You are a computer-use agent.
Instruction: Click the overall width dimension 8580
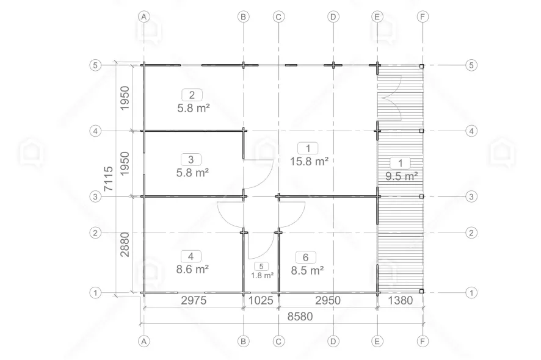(300, 316)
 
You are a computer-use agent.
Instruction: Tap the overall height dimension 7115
(108, 179)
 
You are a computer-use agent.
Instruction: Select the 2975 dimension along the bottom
(194, 300)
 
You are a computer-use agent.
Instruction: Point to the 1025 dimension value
(261, 300)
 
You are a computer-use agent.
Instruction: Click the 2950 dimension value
(328, 300)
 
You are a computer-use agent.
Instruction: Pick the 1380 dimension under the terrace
(400, 300)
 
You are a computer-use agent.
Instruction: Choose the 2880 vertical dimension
(125, 245)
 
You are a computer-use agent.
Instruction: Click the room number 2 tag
(192, 95)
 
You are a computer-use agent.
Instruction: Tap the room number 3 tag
(191, 160)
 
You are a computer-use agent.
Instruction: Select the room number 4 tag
(191, 256)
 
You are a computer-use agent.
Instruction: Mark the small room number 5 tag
(261, 267)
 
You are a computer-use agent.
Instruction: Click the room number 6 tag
(306, 257)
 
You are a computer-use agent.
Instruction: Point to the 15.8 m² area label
(309, 161)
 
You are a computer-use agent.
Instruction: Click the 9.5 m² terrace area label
(402, 176)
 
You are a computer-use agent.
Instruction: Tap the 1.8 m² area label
(262, 276)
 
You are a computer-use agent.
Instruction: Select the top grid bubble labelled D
(333, 16)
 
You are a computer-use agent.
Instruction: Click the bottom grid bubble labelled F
(423, 341)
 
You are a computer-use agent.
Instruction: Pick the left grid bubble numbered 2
(96, 232)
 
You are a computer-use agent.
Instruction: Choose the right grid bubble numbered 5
(471, 65)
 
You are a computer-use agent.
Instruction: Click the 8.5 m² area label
(307, 270)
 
